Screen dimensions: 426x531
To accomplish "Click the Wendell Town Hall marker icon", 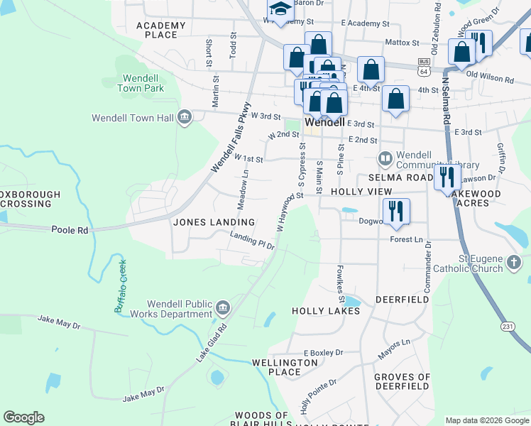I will point(185,117).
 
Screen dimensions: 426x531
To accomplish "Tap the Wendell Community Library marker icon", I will point(385,157).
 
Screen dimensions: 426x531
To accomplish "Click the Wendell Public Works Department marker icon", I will point(223,307).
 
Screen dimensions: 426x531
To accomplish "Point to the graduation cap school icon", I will point(280,9).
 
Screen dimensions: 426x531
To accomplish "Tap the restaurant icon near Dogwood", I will point(396,210).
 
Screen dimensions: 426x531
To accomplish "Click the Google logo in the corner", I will point(23,417).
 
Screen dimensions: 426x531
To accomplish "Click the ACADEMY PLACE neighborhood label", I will point(165,30).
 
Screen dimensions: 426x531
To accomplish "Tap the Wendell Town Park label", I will point(143,83).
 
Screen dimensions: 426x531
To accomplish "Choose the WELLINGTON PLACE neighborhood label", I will point(285,367).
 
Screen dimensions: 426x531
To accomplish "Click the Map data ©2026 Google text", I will point(486,420).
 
